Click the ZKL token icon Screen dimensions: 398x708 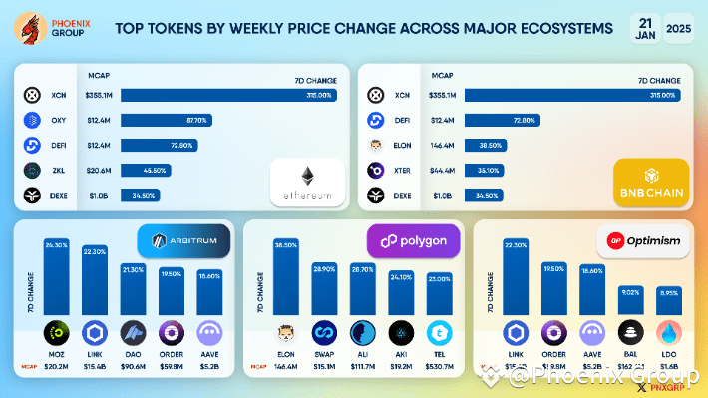click(x=31, y=171)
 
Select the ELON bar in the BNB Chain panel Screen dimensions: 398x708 click(x=478, y=145)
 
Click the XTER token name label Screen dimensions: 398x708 click(x=403, y=171)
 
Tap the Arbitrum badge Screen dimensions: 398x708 click(x=183, y=240)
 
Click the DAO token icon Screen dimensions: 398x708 click(x=133, y=332)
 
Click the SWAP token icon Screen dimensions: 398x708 click(x=323, y=332)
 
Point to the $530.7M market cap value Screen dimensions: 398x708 click(x=439, y=366)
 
